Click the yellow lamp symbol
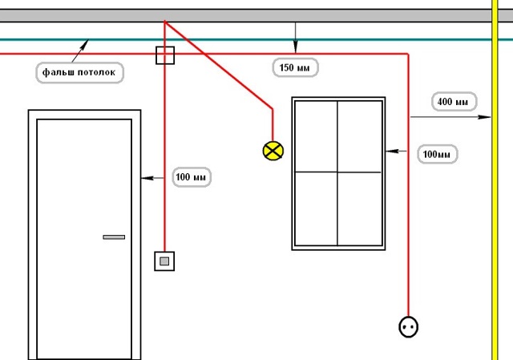click(273, 151)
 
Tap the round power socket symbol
click(408, 326)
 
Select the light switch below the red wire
click(164, 261)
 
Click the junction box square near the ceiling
click(165, 55)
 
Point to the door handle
click(114, 237)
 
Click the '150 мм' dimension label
click(295, 67)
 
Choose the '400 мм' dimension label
click(454, 102)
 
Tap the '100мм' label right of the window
click(438, 154)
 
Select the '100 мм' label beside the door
click(192, 177)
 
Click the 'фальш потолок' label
click(79, 72)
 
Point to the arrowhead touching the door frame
click(147, 178)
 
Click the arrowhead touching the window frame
click(392, 151)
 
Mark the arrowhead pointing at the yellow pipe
click(484, 117)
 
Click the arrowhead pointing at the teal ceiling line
click(84, 44)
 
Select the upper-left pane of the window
click(316, 136)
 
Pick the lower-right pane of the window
click(360, 208)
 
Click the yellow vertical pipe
click(495, 180)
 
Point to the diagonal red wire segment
click(219, 65)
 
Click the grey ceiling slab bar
click(245, 16)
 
